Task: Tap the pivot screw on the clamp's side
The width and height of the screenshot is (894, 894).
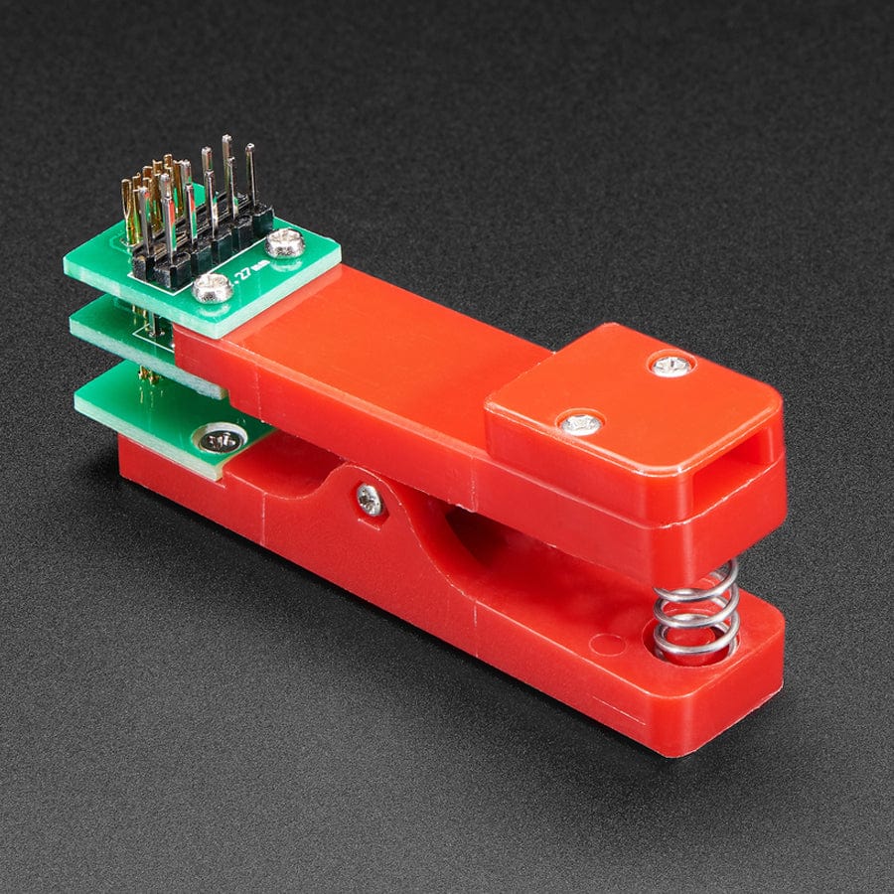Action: pos(369,500)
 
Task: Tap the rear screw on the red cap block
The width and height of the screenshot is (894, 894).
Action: pos(671,365)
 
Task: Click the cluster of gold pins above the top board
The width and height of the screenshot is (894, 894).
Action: pos(149,199)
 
